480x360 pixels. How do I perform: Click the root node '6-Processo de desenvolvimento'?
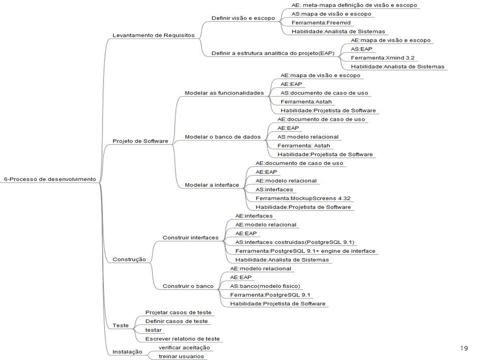tap(50, 179)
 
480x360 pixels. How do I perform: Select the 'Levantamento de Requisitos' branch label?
tap(153, 35)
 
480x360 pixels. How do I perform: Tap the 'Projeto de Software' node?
tap(140, 141)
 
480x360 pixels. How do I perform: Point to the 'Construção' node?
tap(129, 259)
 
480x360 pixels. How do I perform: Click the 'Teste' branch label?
tap(120, 325)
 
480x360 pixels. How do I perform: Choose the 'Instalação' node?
tap(127, 351)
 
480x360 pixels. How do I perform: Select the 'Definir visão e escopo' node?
tap(243, 18)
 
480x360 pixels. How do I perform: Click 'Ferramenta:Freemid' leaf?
tap(321, 22)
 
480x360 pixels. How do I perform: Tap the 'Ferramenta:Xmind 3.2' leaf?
tap(382, 58)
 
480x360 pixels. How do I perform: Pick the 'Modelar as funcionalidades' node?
tap(224, 93)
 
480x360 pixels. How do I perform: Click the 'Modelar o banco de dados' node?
tap(222, 137)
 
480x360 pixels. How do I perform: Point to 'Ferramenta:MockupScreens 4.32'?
tap(303, 198)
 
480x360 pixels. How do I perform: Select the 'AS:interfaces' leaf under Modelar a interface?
tap(274, 189)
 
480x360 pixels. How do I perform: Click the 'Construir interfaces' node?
tap(190, 237)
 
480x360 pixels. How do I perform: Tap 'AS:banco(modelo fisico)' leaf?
tap(265, 286)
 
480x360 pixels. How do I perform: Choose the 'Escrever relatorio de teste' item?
tap(182, 339)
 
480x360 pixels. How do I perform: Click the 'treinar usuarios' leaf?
tap(181, 356)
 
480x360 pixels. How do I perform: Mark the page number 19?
tap(464, 348)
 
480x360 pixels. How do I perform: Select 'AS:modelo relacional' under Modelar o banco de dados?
tap(308, 137)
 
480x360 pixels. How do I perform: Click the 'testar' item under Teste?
tap(153, 330)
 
